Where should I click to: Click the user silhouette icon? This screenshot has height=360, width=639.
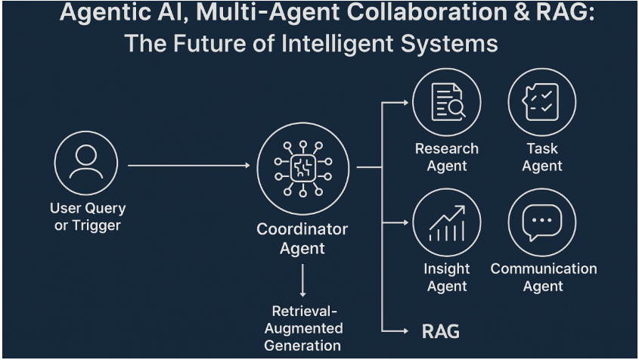[86, 163]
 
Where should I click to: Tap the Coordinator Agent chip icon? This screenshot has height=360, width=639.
[302, 168]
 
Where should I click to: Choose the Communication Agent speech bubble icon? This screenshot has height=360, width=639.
[542, 222]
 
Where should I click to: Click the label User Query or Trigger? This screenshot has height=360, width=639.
[88, 216]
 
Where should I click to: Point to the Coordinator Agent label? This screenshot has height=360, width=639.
[302, 238]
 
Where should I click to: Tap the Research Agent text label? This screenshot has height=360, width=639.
[447, 157]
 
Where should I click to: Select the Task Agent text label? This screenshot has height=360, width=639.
[542, 157]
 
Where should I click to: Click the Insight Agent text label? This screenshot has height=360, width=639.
[447, 278]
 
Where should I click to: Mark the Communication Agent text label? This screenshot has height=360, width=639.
[543, 278]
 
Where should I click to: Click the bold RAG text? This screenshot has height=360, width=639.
[440, 331]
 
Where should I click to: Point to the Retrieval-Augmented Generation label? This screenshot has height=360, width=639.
[302, 328]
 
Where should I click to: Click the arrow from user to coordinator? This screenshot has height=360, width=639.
[188, 165]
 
